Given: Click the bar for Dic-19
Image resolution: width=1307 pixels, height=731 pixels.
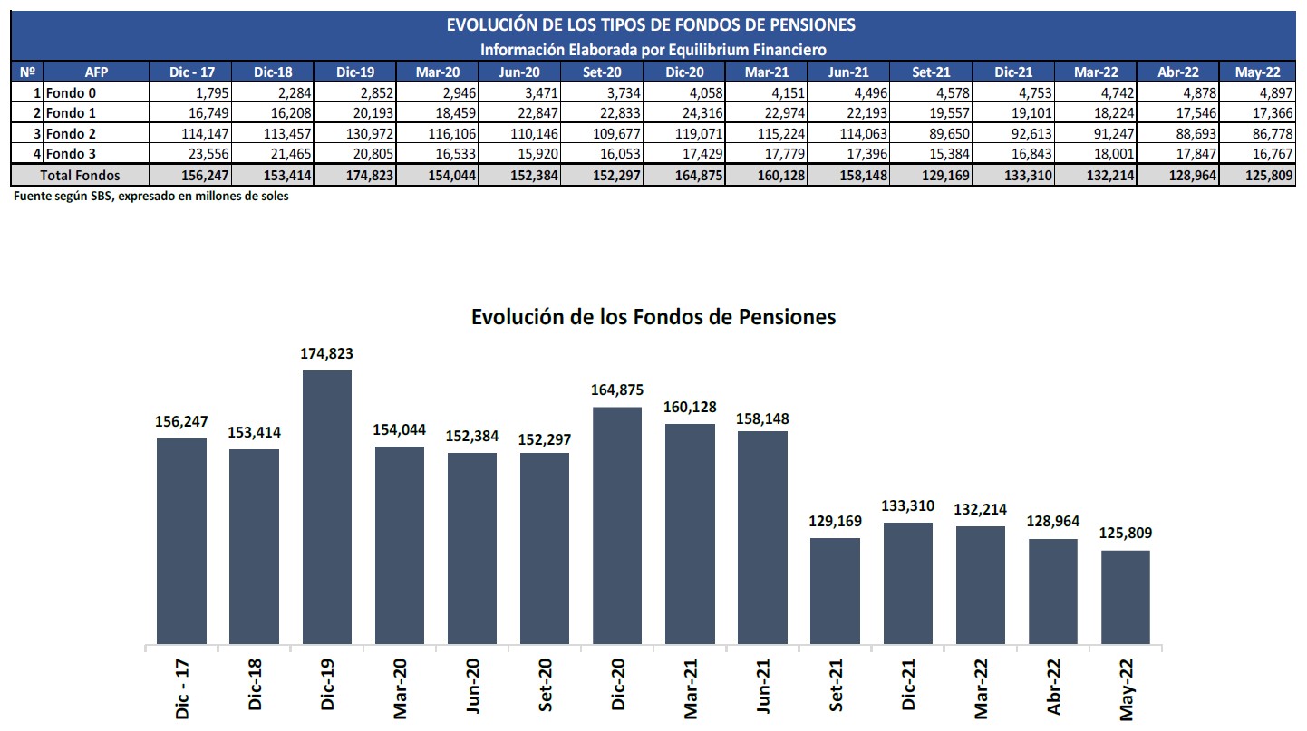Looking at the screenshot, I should coord(326,507).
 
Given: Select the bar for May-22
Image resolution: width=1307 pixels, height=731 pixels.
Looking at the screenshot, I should coord(1126,597).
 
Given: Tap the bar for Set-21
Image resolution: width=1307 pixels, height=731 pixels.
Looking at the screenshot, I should coord(835,591).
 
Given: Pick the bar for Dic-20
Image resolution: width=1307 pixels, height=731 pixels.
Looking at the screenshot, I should coord(617,525).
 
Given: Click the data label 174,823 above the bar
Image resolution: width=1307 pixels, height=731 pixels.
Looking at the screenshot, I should coord(326,354).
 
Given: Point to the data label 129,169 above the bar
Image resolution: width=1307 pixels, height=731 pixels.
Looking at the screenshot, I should coord(835,522).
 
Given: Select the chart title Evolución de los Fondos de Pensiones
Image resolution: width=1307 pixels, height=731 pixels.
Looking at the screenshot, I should coord(653,317).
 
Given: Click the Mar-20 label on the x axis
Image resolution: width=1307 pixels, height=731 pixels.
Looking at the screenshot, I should coord(400,689).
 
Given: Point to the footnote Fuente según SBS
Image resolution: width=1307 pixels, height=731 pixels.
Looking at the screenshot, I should coord(151,196).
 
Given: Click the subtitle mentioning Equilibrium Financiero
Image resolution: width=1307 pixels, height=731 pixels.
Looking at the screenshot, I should coord(653,49).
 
